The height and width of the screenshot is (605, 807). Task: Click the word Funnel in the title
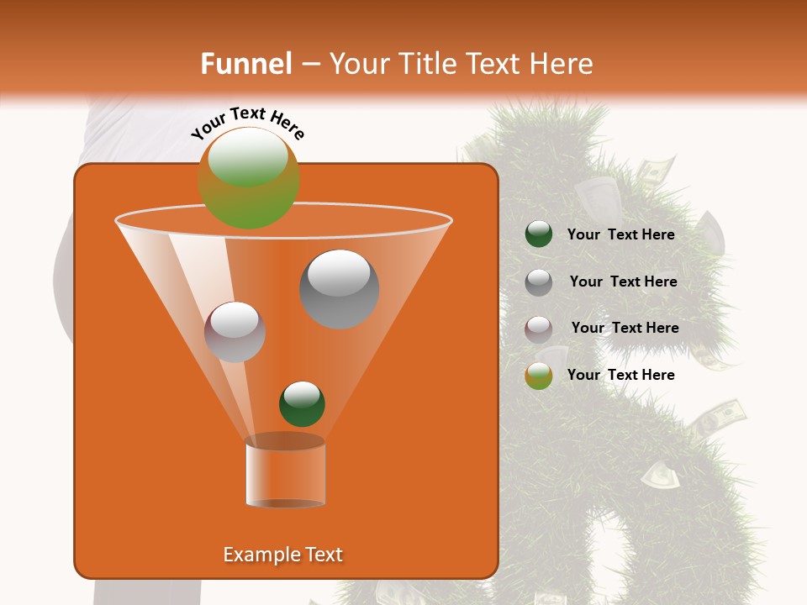pyautogui.click(x=245, y=64)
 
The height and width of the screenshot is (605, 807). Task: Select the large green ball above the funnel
pyautogui.click(x=249, y=178)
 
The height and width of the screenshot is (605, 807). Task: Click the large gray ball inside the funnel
pyautogui.click(x=340, y=288)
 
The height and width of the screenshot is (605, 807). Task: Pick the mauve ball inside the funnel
pyautogui.click(x=235, y=332)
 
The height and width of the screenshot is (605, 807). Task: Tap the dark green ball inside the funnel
pyautogui.click(x=302, y=403)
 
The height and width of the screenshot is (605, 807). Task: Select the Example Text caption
pyautogui.click(x=282, y=555)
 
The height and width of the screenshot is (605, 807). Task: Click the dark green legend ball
pyautogui.click(x=538, y=234)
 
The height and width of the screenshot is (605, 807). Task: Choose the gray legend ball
pyautogui.click(x=538, y=282)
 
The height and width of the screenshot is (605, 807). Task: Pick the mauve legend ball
pyautogui.click(x=538, y=329)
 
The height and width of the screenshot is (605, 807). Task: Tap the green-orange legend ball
pyautogui.click(x=538, y=376)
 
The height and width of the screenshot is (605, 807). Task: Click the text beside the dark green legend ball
pyautogui.click(x=620, y=235)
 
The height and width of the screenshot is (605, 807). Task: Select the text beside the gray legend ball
pyautogui.click(x=623, y=282)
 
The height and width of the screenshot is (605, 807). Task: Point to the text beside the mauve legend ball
pyautogui.click(x=625, y=329)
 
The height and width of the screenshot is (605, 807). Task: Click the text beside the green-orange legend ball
pyautogui.click(x=620, y=375)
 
